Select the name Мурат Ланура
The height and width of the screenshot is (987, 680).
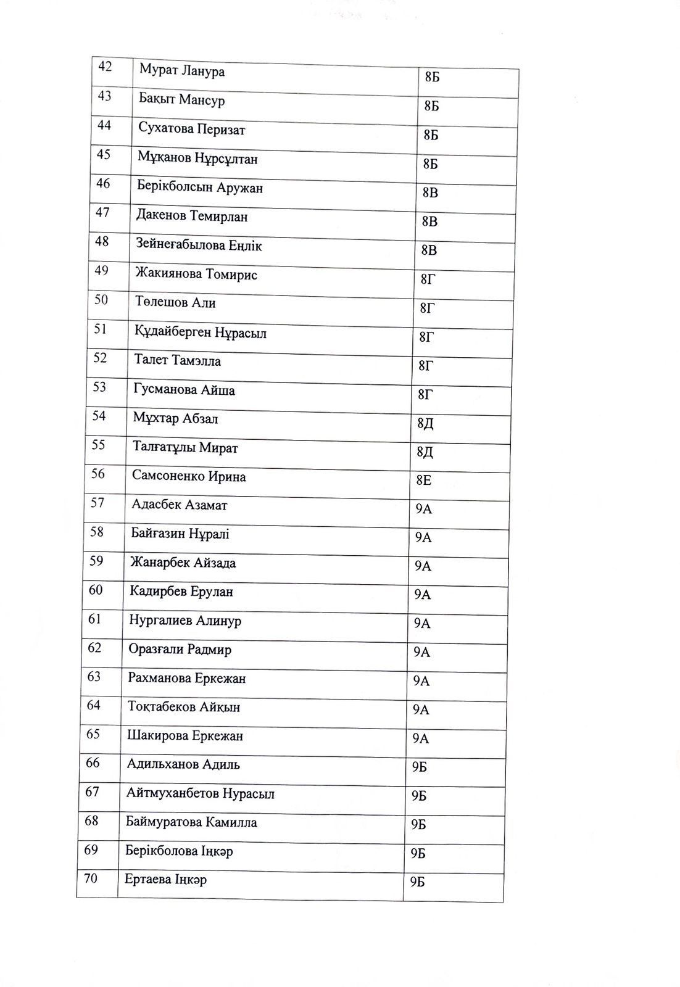click(x=181, y=72)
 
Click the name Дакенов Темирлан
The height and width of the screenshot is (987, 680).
click(x=192, y=217)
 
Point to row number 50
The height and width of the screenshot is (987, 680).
click(x=101, y=300)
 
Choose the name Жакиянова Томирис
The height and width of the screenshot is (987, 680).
click(x=196, y=275)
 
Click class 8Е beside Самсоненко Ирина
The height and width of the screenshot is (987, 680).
click(x=424, y=480)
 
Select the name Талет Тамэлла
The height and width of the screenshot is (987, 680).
click(x=177, y=361)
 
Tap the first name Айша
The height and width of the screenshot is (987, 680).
click(x=217, y=390)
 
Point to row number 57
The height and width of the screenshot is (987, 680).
click(x=97, y=503)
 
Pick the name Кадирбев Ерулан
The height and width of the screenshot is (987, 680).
click(x=181, y=592)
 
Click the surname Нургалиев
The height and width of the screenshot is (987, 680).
click(x=160, y=621)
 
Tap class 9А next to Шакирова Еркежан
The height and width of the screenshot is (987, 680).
click(x=421, y=738)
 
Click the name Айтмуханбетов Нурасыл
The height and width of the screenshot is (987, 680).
click(x=200, y=793)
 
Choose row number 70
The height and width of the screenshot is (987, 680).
click(x=90, y=878)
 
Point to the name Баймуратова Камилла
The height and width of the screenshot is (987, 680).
click(x=191, y=822)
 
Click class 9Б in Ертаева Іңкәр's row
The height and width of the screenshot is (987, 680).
click(x=418, y=882)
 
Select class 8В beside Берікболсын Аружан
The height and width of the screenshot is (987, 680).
click(x=430, y=192)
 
